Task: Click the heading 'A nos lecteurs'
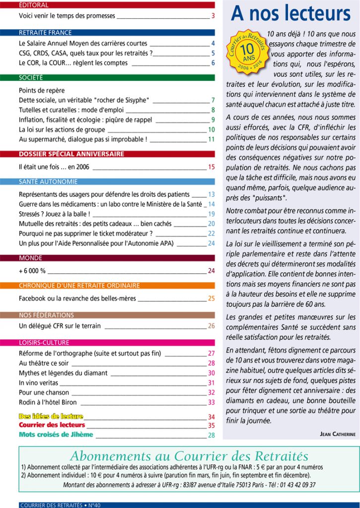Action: (290, 14)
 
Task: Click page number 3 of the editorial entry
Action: (213, 16)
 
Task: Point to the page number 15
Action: (211, 167)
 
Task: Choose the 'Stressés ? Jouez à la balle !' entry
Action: (55, 214)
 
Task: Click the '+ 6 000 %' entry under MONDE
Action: (32, 271)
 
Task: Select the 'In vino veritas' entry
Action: (38, 383)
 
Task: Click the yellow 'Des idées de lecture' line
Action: (51, 417)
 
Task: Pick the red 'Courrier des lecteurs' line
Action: (52, 425)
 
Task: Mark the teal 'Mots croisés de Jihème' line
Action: (56, 435)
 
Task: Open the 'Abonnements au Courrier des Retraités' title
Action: (189, 456)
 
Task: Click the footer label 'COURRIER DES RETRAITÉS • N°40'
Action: (60, 505)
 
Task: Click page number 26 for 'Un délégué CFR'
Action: (211, 326)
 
